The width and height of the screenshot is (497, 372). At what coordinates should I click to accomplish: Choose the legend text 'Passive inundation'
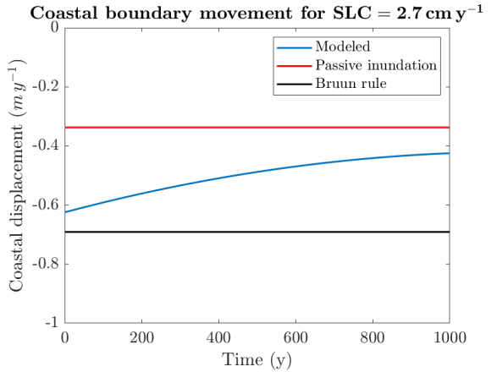pyautogui.click(x=375, y=65)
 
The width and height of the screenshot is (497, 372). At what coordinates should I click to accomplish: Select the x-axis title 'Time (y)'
pyautogui.click(x=257, y=359)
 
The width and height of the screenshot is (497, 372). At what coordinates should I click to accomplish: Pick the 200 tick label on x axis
pyautogui.click(x=141, y=337)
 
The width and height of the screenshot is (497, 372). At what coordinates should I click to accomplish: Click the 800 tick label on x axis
pyautogui.click(x=372, y=337)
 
